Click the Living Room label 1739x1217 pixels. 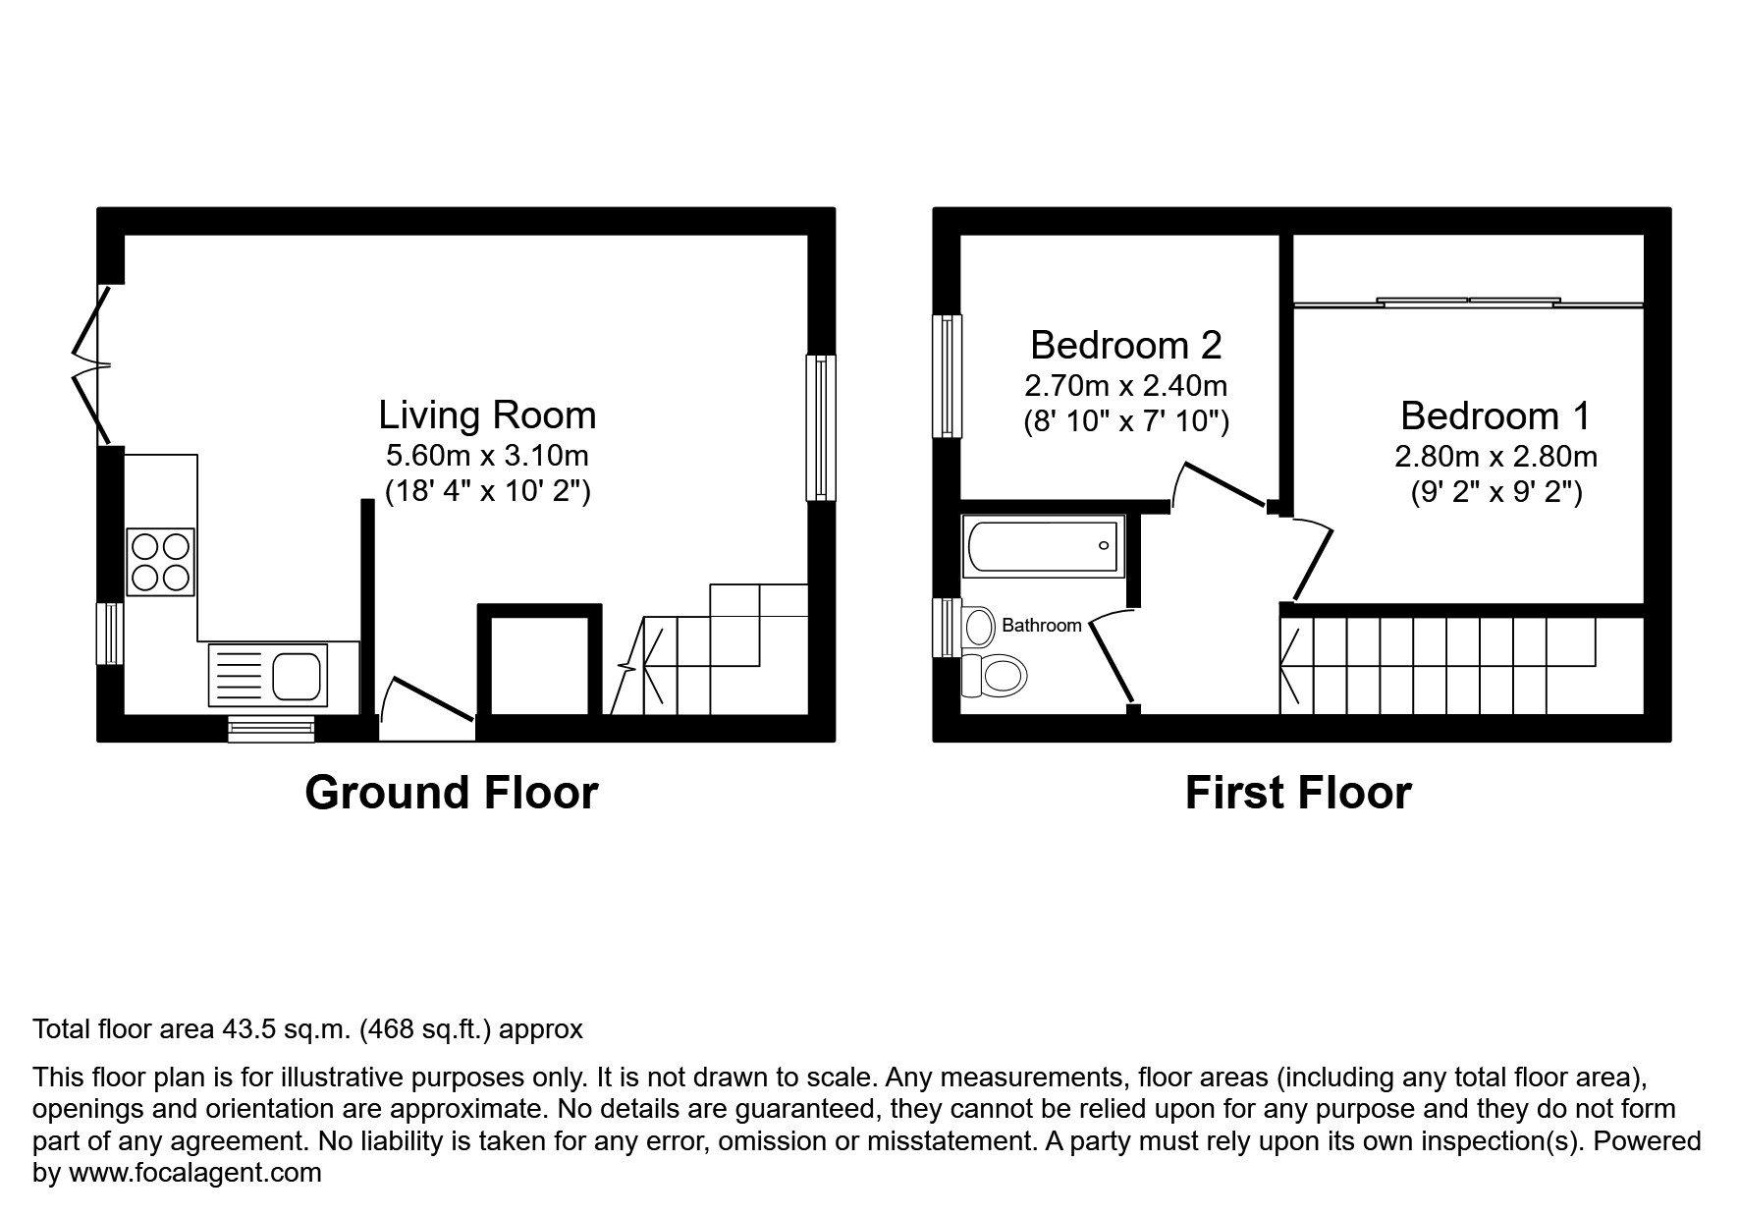tap(487, 415)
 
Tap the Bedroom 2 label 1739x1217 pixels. tap(1125, 346)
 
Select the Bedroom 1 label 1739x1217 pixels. tap(1494, 416)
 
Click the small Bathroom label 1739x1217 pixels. tap(1041, 626)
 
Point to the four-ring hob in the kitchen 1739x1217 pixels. tap(160, 562)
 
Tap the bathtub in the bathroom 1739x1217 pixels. tap(1043, 546)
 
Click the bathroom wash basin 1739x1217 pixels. tap(978, 625)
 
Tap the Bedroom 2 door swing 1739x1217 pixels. tap(1218, 485)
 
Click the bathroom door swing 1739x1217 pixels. tap(1112, 655)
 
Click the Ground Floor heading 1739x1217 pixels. tap(451, 793)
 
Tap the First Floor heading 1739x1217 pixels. tap(1297, 793)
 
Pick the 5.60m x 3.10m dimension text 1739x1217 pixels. tap(487, 456)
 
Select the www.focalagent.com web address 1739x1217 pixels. tap(194, 1173)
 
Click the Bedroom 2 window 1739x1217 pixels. tap(947, 375)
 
